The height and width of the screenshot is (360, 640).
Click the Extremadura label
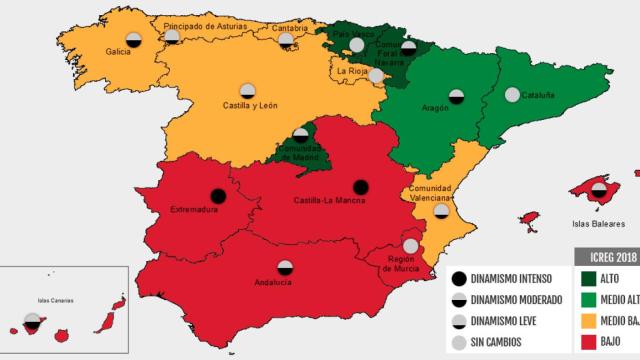(x=193, y=210)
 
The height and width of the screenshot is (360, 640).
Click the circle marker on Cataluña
(x=512, y=95)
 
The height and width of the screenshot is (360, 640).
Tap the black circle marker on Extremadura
(x=217, y=197)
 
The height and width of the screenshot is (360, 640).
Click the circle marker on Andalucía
(x=285, y=267)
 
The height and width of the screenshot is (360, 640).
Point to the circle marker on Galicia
(x=133, y=40)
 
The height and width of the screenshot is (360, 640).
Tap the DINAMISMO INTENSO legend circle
(x=458, y=278)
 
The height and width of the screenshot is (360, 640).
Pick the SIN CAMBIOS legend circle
(x=458, y=343)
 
